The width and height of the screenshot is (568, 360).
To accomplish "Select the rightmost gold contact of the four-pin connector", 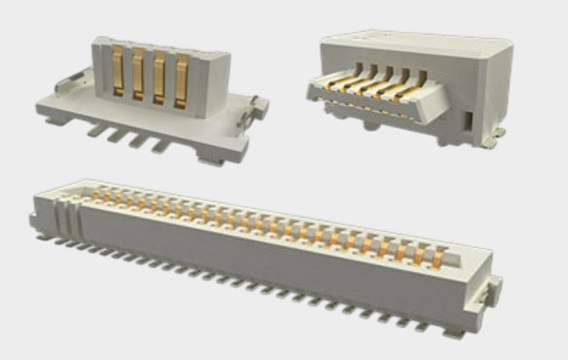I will click(181, 76).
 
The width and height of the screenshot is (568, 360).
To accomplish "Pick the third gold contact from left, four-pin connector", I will click(159, 76).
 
